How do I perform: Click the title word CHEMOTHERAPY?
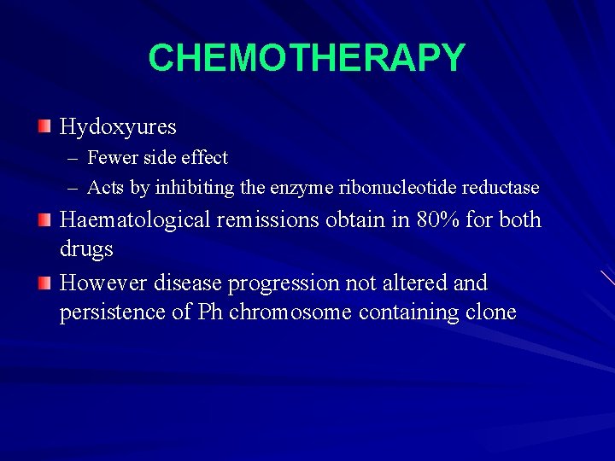click(x=307, y=58)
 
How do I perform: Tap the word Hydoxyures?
click(x=118, y=127)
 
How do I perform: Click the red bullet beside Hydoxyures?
click(x=44, y=127)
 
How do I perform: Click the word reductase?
click(x=501, y=187)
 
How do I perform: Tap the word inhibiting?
click(x=193, y=187)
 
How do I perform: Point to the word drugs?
click(x=85, y=250)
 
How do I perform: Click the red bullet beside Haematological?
click(x=44, y=220)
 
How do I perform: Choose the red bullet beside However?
click(x=44, y=283)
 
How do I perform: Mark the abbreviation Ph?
click(x=210, y=312)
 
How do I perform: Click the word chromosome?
click(x=290, y=312)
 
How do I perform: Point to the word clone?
click(x=490, y=312)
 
